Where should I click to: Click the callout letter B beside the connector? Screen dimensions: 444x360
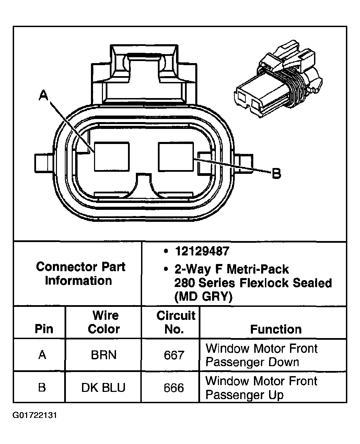pos(276,174)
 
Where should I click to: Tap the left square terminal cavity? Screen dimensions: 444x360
pos(112,157)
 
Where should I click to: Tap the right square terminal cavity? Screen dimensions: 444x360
pos(175,157)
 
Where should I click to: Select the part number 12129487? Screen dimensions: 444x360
pos(202,251)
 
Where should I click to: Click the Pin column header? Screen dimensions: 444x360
pos(44,329)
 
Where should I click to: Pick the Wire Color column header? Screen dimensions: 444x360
pos(104,322)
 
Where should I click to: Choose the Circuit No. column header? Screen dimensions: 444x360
pos(175,322)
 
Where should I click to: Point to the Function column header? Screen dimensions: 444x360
pos(276,329)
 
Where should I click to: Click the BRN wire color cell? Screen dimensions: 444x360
pos(104,355)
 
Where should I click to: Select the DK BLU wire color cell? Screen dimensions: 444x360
pos(103,388)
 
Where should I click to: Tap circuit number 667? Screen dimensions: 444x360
pos(174,355)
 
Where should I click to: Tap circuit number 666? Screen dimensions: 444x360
pos(174,388)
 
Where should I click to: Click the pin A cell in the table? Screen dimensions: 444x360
pos(42,355)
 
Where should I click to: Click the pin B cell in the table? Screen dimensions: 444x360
pos(42,388)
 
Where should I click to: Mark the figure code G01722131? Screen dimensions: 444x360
pos(35,416)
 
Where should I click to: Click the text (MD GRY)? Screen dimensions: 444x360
pos(203,296)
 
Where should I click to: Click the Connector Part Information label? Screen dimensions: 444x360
pos(80,274)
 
